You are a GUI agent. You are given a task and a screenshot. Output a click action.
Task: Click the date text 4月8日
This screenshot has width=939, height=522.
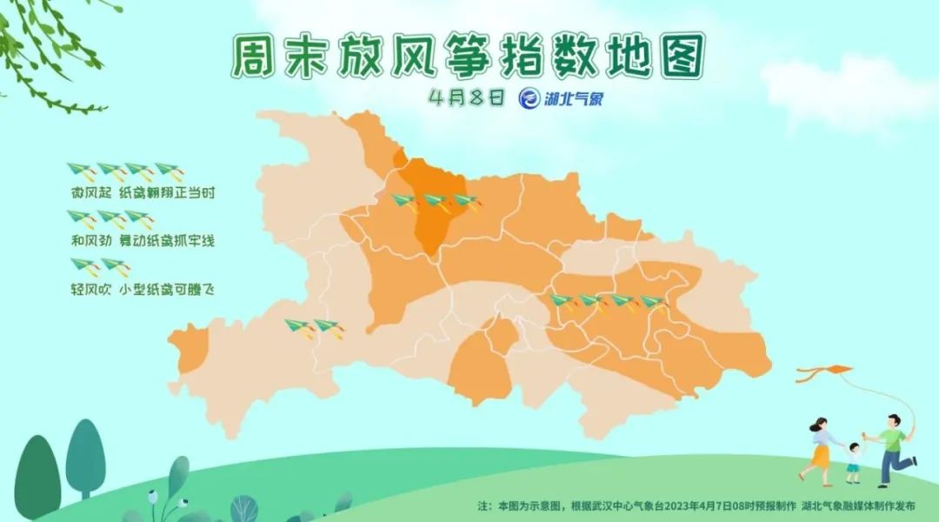coord(466,97)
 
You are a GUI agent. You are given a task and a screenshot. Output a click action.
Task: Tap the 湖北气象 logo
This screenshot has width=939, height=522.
coord(561,98)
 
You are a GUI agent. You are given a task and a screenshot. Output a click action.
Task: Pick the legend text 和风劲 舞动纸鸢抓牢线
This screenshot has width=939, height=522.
coord(142,239)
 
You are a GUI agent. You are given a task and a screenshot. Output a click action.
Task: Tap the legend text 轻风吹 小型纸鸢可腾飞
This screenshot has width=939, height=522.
coord(142,287)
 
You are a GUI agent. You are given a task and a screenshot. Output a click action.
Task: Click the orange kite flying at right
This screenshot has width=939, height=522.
coord(822,373)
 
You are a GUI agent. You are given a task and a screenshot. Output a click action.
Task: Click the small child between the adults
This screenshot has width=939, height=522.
coord(854,462)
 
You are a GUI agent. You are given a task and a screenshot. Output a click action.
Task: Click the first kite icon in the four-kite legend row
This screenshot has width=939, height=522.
coord(81,171)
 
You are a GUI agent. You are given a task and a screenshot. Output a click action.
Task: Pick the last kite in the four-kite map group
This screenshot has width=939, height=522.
coord(653,303)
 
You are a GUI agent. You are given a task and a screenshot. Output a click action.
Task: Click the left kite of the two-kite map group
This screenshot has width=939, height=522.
coord(298,327)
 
